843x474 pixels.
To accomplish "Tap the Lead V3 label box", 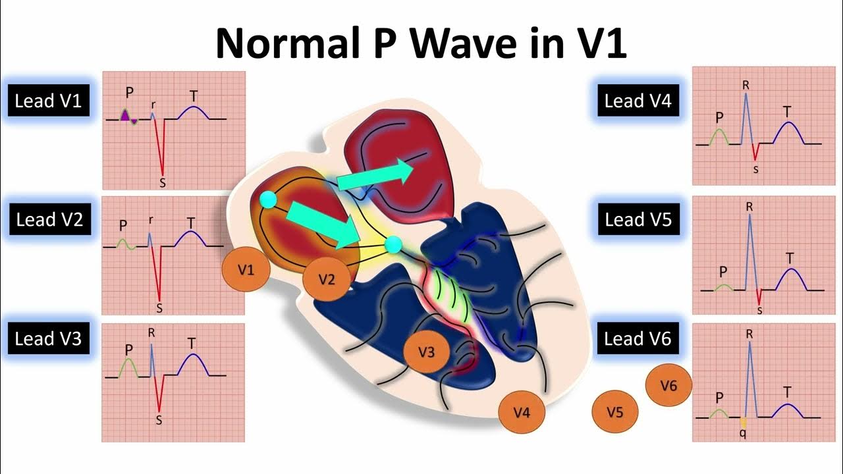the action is [48, 338].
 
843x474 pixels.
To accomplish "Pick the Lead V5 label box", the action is [638, 219].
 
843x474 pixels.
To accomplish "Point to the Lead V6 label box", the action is [638, 338].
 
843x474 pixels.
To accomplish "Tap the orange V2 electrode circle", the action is [326, 279].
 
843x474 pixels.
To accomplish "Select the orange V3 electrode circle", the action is [427, 352].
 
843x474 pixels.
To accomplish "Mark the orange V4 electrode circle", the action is [521, 413].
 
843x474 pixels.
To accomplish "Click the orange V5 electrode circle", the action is [614, 413].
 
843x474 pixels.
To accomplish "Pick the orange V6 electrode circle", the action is [668, 386].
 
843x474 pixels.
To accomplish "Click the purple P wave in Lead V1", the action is [125, 115].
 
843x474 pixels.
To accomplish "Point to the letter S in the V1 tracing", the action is [162, 180].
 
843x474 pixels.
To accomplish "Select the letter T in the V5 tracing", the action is [790, 257].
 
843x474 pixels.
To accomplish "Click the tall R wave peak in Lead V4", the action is [746, 95].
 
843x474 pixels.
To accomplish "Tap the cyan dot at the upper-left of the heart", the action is [267, 200].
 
